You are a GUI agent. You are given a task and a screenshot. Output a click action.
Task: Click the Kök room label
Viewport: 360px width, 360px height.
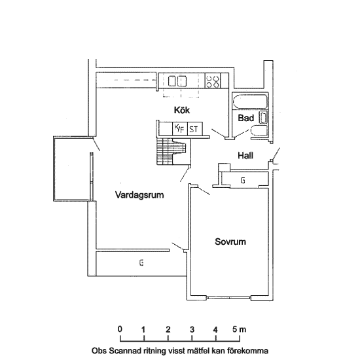coord(182,110)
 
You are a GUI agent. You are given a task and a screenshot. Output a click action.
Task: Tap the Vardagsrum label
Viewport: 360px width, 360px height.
coord(139,195)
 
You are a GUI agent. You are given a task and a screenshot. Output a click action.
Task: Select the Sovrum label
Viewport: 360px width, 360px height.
coord(230,242)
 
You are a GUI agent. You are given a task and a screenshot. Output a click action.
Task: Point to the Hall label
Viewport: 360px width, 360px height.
coord(245,155)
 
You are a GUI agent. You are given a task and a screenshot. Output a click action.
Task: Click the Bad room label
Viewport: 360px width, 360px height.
coord(246,118)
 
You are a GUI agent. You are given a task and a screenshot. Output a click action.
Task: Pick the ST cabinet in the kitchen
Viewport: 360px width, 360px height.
coord(195,129)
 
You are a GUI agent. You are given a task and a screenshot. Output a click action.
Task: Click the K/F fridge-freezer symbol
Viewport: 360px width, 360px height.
coord(180,129)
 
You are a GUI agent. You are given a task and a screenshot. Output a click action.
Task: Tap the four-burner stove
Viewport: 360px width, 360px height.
coord(213,81)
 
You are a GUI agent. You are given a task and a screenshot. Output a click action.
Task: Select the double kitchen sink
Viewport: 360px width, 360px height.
coord(177,81)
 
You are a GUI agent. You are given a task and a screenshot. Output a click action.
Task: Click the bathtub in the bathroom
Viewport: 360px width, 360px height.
coord(250,101)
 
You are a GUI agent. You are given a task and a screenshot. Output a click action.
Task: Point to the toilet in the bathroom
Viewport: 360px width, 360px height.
coord(259,131)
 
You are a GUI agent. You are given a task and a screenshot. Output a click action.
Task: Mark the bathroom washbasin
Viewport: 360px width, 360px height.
coord(263,117)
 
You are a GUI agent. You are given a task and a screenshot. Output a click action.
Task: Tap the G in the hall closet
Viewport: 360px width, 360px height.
coord(243,181)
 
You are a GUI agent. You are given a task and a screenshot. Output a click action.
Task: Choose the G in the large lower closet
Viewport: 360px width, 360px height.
coord(141,262)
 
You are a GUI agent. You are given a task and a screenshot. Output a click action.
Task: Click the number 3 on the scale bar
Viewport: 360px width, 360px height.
coord(192,330)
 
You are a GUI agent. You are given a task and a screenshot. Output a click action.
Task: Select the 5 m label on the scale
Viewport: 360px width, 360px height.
coord(239,329)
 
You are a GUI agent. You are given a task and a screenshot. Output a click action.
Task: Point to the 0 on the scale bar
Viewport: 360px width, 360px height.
coord(120,329)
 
